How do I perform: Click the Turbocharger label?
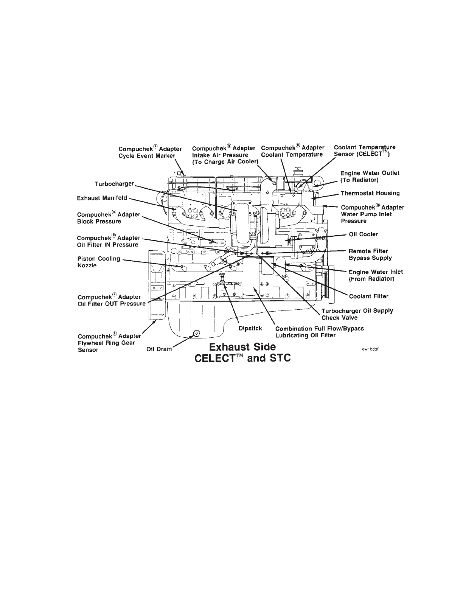[x=114, y=184]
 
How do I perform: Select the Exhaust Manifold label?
[x=102, y=198]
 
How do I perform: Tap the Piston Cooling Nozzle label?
[x=98, y=262]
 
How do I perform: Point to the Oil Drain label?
[x=159, y=349]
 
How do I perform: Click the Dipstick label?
[x=250, y=328]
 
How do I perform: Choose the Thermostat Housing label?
[x=370, y=193]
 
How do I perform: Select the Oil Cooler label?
[x=363, y=234]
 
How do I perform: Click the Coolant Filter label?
[x=368, y=296]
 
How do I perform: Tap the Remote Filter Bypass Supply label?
[x=370, y=254]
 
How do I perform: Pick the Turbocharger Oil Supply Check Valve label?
[x=357, y=314]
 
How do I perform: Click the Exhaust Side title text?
[x=242, y=347]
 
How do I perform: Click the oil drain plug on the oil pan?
[x=196, y=333]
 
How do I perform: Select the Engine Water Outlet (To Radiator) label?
[x=370, y=176]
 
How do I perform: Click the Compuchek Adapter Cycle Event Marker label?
[x=150, y=152]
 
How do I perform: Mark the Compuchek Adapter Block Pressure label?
[x=109, y=218]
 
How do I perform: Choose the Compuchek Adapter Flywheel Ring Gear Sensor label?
[x=109, y=343]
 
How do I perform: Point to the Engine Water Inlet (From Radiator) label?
[x=376, y=275]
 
